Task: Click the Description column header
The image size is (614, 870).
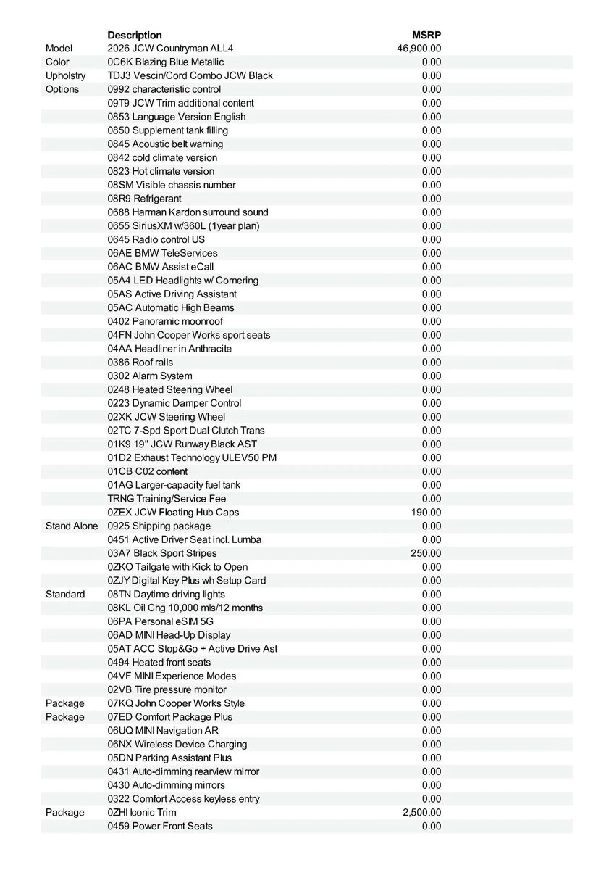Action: [135, 35]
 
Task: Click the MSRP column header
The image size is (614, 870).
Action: [426, 35]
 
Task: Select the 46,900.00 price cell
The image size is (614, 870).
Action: [419, 49]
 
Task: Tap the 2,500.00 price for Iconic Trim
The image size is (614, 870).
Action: [421, 813]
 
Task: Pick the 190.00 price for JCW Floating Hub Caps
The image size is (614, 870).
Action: [426, 513]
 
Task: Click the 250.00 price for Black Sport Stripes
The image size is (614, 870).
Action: [426, 553]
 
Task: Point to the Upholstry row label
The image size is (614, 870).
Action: [65, 76]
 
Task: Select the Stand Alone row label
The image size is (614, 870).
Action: [72, 526]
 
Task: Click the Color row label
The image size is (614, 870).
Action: [57, 62]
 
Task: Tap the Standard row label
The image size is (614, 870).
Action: [65, 594]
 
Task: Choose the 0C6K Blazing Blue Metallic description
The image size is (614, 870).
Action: [166, 62]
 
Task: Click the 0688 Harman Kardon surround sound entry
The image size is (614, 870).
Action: [188, 212]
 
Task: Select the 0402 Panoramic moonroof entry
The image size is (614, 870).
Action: [166, 321]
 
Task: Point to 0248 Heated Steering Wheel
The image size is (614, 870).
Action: [170, 389]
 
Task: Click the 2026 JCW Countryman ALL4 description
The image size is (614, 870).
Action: [171, 49]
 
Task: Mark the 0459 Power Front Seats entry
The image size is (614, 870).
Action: [160, 826]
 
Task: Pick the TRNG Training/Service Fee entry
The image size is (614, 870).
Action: [167, 499]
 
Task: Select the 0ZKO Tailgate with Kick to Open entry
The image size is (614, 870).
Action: [177, 567]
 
